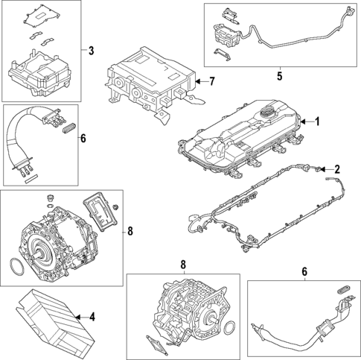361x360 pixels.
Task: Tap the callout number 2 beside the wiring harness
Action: (336, 170)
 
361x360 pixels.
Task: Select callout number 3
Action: (91, 51)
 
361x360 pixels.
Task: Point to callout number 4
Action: (92, 317)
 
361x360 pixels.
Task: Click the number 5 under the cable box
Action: (279, 75)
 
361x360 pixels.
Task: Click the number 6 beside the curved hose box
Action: (83, 138)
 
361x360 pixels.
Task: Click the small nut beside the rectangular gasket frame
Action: (117, 206)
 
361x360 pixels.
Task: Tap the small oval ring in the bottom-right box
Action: (344, 286)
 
